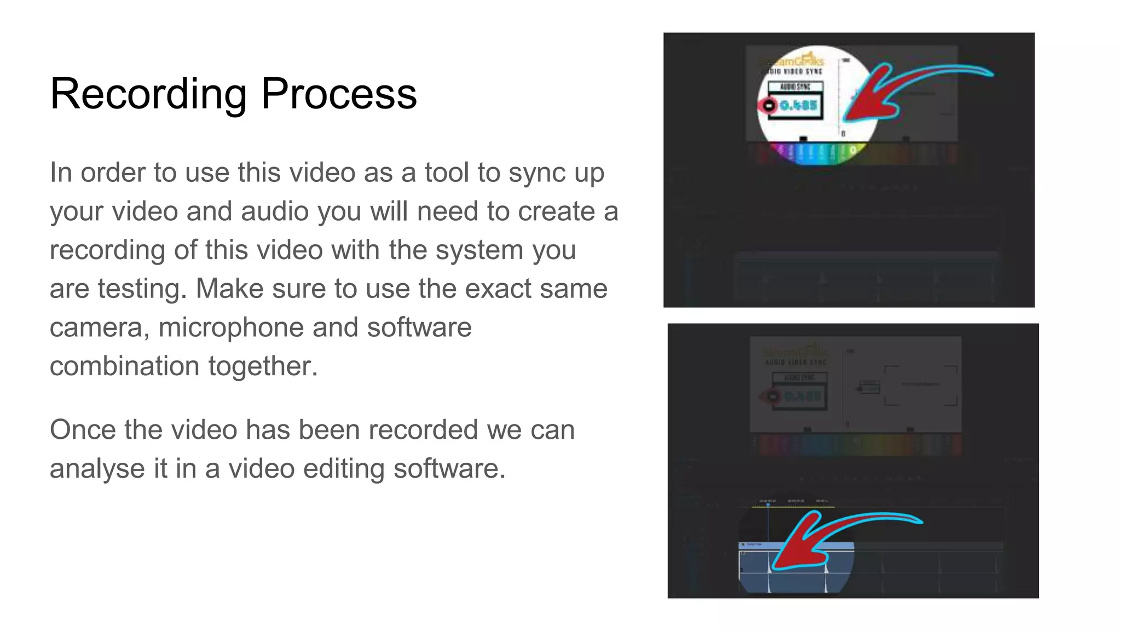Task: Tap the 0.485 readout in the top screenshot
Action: coord(799,105)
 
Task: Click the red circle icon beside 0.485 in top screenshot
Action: coord(768,105)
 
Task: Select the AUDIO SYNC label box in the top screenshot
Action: coord(795,87)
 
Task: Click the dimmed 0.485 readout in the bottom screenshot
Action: coord(803,396)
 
